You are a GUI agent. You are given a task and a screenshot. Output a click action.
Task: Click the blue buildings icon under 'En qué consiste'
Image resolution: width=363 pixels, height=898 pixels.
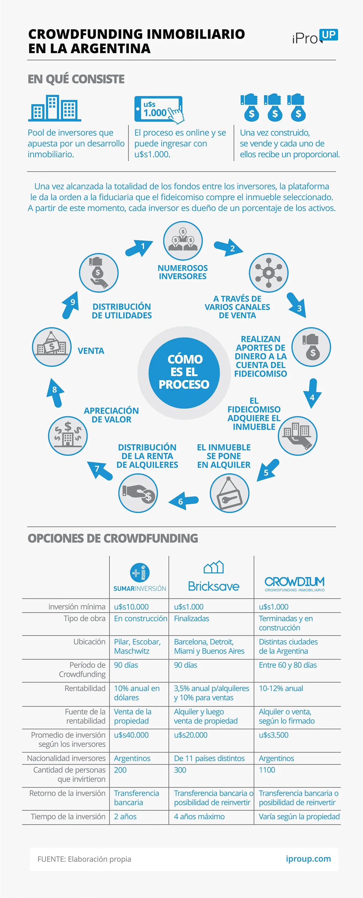pos(55,108)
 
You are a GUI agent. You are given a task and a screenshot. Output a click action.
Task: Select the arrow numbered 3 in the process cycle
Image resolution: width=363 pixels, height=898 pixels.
pos(297,305)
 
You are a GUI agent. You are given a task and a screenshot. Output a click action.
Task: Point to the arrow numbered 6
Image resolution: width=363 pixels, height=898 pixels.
pos(183,501)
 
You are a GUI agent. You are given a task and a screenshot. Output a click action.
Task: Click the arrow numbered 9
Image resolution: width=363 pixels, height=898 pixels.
pos(70,305)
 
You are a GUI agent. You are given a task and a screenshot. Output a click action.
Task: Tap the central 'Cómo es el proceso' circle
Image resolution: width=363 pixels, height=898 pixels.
pos(184,373)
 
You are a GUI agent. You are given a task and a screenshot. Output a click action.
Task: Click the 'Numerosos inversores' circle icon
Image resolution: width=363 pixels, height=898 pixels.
pos(183,241)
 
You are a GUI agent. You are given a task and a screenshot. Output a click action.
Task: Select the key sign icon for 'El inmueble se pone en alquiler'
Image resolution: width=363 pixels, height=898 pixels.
pos(229,493)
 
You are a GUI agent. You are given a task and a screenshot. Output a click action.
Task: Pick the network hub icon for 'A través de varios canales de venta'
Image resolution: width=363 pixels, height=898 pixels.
pos(269,273)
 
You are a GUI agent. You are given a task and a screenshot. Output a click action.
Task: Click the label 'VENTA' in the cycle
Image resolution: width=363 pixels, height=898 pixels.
pos(91,351)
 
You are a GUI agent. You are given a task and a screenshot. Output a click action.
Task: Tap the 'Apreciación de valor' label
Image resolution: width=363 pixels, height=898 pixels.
pos(111,415)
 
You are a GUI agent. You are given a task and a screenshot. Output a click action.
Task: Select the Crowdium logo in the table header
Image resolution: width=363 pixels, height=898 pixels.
pos(295,584)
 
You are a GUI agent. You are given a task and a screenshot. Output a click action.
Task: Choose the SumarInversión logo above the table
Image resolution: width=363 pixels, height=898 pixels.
pos(140,577)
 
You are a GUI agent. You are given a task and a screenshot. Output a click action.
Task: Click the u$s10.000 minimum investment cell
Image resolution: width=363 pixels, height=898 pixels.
pos(131,606)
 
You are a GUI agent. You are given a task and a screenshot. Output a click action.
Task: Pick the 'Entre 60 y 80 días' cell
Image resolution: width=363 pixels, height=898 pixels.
pos(288,665)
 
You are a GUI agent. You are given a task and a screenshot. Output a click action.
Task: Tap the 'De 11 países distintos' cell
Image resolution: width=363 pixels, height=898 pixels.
pos(209,758)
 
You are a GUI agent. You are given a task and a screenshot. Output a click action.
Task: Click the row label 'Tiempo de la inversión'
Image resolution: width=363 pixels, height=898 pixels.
pos(68,816)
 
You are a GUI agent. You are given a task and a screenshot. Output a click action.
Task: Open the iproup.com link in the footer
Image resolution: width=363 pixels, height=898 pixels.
pos(308,859)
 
